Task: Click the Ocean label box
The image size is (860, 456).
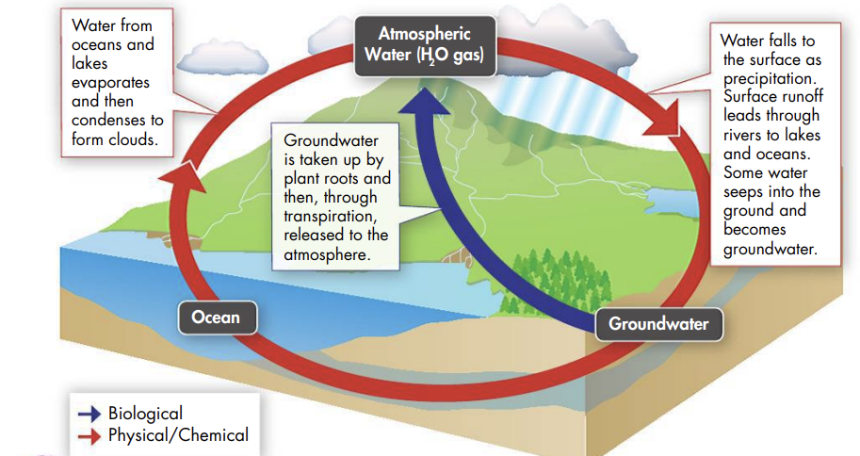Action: point(218,318)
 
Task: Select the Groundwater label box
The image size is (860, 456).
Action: point(658,324)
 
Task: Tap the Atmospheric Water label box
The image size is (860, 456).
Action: point(425,45)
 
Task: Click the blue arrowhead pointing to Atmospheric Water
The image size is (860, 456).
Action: point(424,101)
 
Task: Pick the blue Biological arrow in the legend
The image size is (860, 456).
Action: point(89,415)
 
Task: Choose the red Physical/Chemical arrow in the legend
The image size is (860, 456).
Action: point(89,436)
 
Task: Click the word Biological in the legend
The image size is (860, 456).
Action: point(145,414)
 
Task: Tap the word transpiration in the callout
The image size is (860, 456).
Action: point(331,216)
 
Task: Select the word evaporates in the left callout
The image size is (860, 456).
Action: point(110,83)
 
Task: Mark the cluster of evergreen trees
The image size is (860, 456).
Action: point(554,281)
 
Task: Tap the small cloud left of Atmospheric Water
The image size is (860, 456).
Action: point(221,57)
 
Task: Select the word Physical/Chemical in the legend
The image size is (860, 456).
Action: point(178,435)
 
